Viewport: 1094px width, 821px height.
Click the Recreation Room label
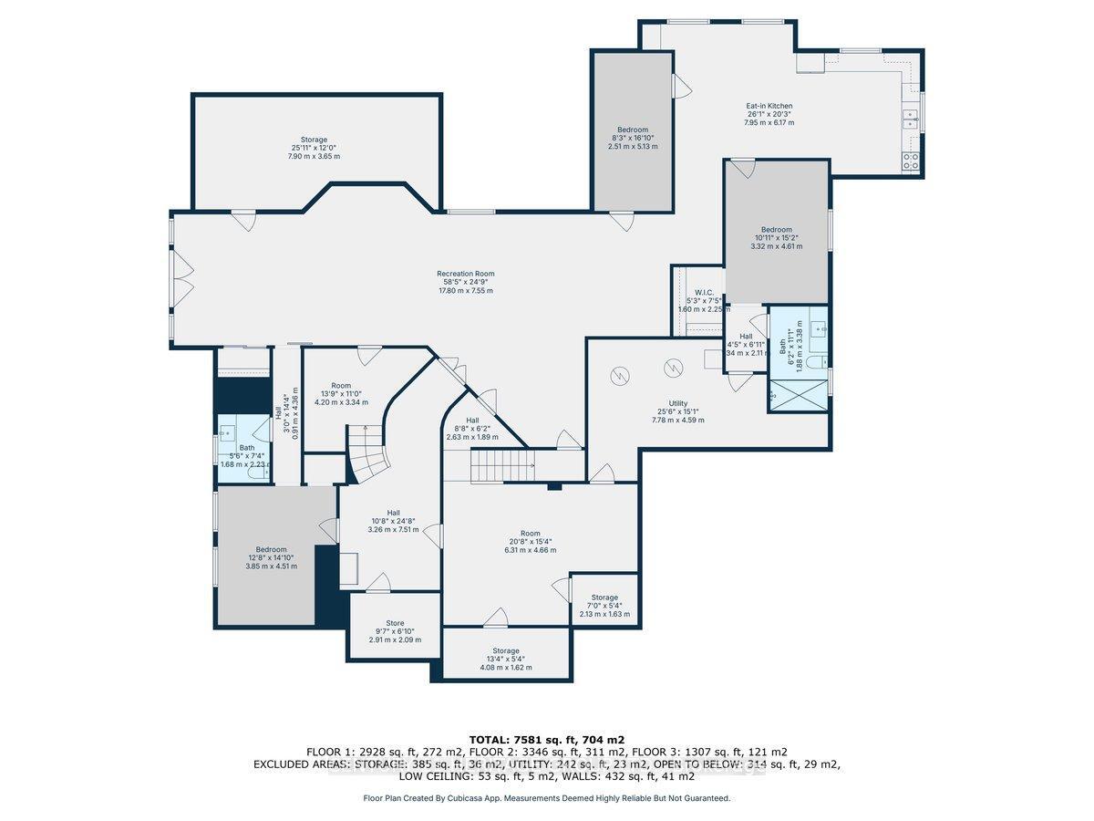click(x=465, y=274)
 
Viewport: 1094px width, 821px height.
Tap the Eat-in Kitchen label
click(x=769, y=106)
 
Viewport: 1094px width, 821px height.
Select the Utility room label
click(x=677, y=403)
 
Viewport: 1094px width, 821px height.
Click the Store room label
click(x=394, y=623)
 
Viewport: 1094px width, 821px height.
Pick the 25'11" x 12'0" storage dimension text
click(x=314, y=148)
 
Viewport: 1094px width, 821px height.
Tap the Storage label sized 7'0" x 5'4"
click(x=604, y=598)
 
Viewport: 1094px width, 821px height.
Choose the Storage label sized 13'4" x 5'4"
click(x=506, y=650)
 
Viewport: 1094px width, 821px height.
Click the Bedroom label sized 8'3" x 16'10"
click(x=632, y=130)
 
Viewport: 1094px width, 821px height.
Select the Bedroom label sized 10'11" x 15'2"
click(x=777, y=230)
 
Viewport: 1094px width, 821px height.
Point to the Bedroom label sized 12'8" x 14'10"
click(x=271, y=549)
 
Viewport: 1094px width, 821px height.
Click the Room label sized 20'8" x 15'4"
click(x=531, y=534)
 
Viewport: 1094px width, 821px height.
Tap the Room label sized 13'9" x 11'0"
click(x=341, y=386)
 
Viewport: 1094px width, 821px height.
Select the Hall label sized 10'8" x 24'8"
click(x=393, y=513)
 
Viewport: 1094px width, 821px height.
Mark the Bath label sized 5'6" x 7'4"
click(x=246, y=447)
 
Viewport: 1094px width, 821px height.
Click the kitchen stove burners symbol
click(x=910, y=161)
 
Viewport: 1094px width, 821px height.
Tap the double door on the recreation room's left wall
click(x=182, y=278)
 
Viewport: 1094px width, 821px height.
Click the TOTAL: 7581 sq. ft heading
click(x=546, y=739)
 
